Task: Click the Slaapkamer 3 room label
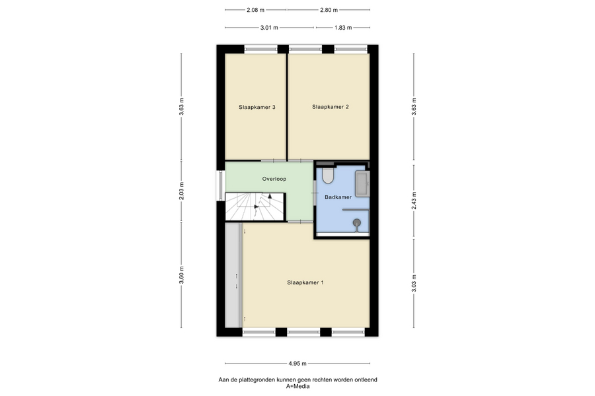(257, 107)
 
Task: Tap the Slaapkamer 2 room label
(330, 107)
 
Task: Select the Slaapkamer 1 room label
(305, 282)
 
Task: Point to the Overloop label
(274, 179)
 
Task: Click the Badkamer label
(338, 197)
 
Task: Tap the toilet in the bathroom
(327, 176)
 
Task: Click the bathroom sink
(362, 183)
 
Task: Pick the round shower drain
(357, 222)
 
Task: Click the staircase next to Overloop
(255, 207)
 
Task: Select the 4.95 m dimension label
(297, 364)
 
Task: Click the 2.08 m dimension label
(255, 10)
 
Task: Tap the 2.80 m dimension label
(329, 10)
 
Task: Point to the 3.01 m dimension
(269, 28)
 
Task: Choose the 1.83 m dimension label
(343, 28)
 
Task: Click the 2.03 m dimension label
(181, 191)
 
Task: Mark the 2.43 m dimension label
(414, 200)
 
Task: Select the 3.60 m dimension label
(181, 275)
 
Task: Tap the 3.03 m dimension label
(414, 283)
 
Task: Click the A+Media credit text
(297, 387)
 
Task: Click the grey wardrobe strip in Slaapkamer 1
(233, 275)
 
